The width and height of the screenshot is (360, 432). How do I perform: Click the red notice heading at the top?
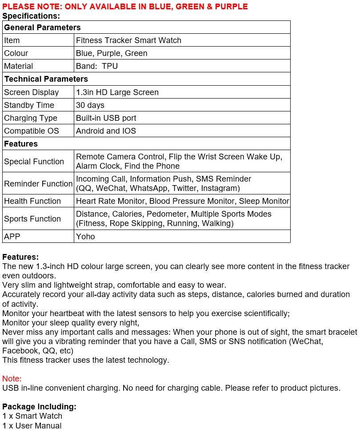coord(125,6)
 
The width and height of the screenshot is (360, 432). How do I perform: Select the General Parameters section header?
coord(42,28)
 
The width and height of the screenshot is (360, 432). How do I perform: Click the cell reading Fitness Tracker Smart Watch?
coord(128,40)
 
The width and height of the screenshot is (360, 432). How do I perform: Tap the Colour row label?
coord(16,53)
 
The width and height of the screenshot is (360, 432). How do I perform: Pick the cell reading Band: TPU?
coord(97,66)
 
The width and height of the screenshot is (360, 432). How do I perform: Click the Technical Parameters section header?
coord(46,79)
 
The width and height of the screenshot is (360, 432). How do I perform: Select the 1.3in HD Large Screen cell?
coord(117,92)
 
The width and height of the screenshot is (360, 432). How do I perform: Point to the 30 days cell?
coord(90,105)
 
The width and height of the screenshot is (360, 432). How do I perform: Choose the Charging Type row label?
coord(31,118)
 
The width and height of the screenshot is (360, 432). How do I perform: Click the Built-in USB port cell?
coord(106,118)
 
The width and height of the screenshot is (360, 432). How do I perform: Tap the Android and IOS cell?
coord(106,131)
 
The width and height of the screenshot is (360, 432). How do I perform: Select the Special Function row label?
coord(34,162)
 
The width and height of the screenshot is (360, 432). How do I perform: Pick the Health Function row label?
coord(32,201)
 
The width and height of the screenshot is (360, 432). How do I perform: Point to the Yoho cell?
coord(85,237)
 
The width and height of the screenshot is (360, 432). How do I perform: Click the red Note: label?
coord(12,379)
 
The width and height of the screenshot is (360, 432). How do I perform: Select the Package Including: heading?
coord(39,407)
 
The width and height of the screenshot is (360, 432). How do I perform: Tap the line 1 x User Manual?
coord(32,426)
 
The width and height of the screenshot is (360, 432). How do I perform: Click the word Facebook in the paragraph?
coord(20,351)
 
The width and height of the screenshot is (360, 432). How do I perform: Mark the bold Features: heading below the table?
coord(20,257)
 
